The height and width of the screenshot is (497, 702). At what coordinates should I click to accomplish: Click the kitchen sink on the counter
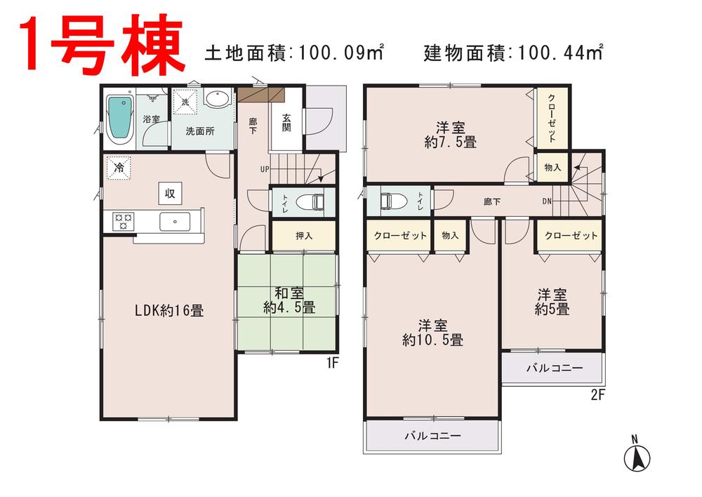click(x=173, y=222)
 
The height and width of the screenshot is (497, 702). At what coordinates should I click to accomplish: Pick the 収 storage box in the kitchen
click(x=170, y=192)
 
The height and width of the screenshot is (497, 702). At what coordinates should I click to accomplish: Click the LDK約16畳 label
click(x=169, y=310)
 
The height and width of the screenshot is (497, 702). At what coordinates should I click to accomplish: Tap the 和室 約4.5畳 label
click(x=289, y=300)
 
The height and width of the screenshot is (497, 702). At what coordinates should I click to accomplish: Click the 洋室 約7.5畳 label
click(x=450, y=135)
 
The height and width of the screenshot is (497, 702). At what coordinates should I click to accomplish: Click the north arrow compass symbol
click(x=637, y=456)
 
